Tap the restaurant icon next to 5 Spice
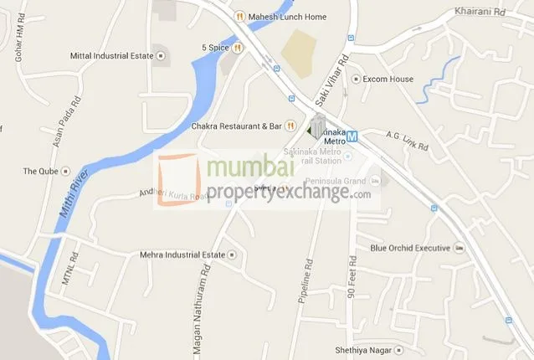[x=239, y=48]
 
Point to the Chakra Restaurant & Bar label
[x=237, y=126]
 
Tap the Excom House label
[x=388, y=80]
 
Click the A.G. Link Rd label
[x=408, y=140]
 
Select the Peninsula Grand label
[x=334, y=181]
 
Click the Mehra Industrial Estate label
[x=182, y=255]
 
